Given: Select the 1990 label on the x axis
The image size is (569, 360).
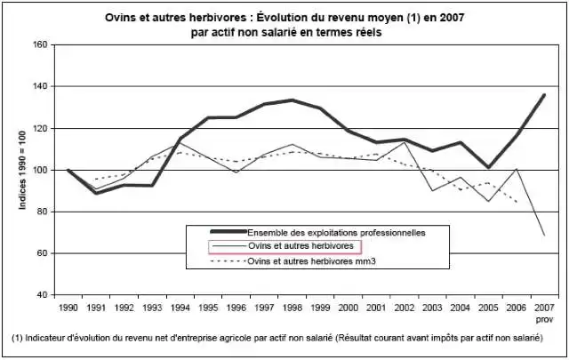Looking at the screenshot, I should point(68,308).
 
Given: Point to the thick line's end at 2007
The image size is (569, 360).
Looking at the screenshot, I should point(544,95).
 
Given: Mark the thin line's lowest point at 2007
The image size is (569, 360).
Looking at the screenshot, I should point(544,235).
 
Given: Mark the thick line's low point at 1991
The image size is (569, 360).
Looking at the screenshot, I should point(96,193).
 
